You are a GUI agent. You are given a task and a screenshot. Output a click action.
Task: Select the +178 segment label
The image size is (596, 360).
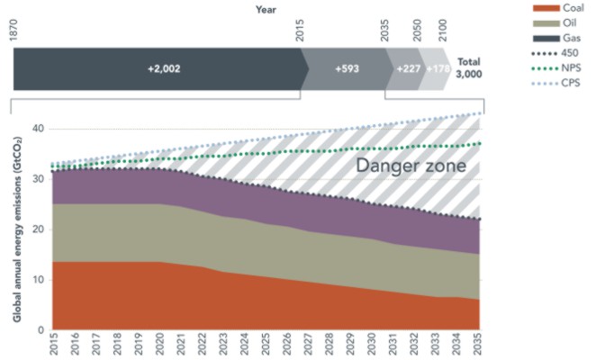[x=438, y=68]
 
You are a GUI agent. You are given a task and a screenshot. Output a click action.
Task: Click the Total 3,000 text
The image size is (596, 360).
[x=469, y=68]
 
